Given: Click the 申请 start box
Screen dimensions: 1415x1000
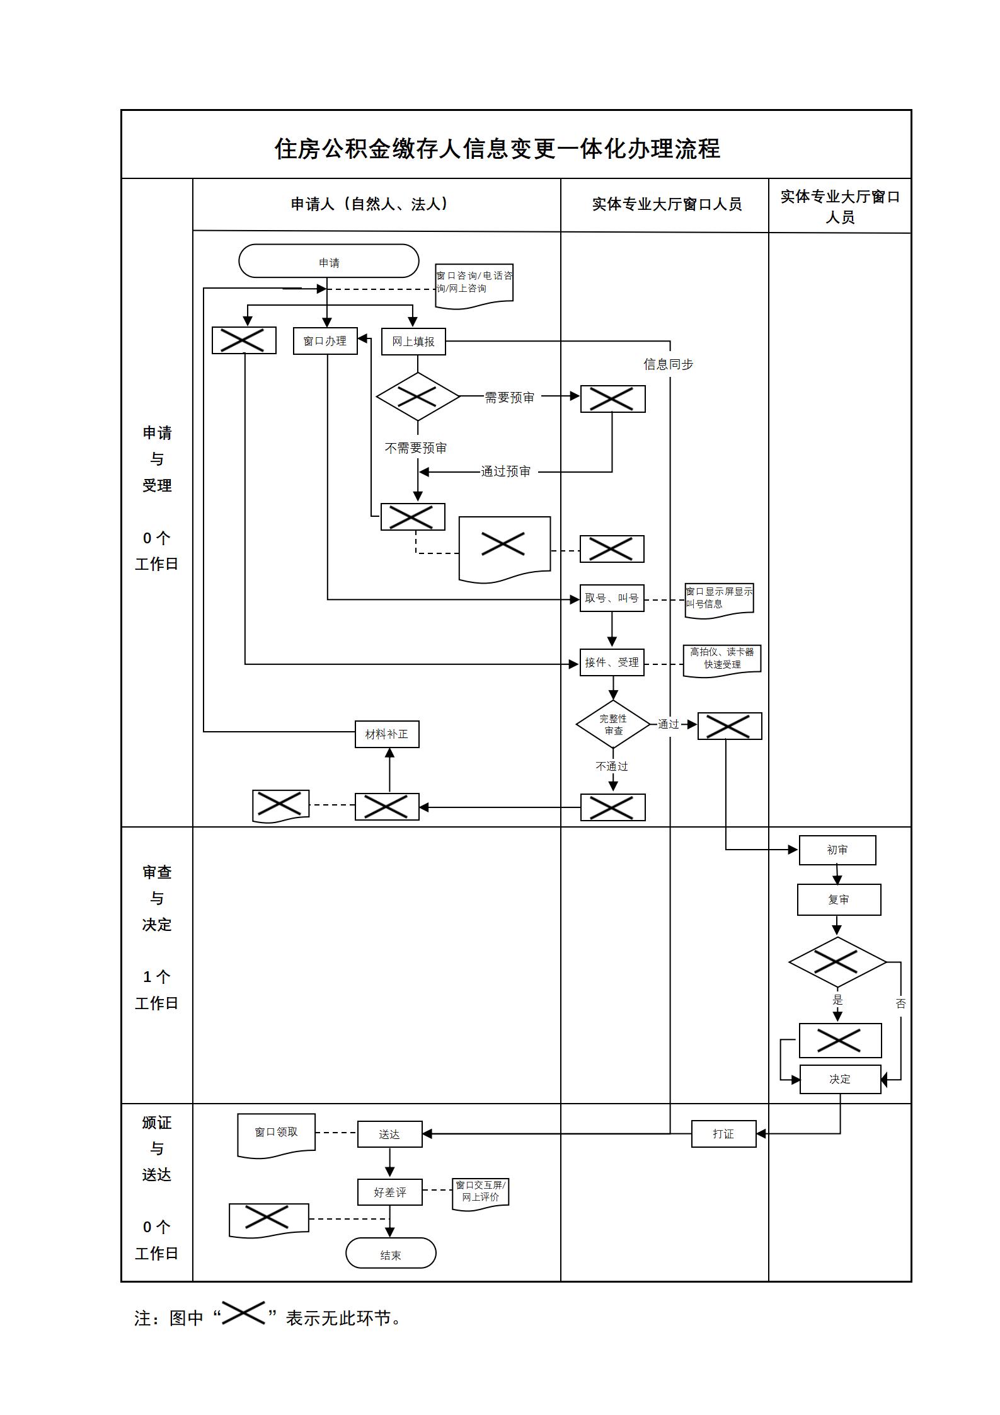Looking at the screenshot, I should click(x=328, y=261).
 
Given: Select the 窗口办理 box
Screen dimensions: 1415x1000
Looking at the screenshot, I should click(x=325, y=341).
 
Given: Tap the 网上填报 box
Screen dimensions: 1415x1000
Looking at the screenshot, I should click(x=413, y=342).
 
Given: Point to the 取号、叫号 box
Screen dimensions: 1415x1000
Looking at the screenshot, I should click(x=611, y=598).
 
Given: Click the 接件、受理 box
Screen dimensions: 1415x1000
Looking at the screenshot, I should click(x=611, y=662).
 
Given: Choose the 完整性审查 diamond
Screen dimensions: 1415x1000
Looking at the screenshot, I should click(x=613, y=724).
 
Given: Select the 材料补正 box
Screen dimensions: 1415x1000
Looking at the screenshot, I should click(x=387, y=734).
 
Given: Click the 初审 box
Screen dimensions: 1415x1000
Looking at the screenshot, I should click(x=837, y=850).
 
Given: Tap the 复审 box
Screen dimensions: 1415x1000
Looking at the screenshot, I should click(x=839, y=899).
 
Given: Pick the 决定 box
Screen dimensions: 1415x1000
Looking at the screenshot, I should click(x=840, y=1079).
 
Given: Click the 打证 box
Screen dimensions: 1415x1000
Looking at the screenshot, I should click(x=723, y=1134).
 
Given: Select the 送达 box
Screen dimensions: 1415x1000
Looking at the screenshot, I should click(x=389, y=1135).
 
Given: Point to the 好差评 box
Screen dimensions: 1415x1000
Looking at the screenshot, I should click(x=389, y=1193).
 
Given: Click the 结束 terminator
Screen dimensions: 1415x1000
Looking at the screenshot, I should click(x=391, y=1255).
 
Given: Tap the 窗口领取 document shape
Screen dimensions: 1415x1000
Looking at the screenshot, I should click(x=276, y=1133).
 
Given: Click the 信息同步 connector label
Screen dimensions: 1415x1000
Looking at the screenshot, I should click(x=668, y=364).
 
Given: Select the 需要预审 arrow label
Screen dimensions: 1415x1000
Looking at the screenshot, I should click(x=509, y=398).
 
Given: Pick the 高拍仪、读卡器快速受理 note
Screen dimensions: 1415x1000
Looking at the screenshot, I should click(x=722, y=659).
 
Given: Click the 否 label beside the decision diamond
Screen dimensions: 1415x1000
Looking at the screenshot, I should click(x=900, y=1003).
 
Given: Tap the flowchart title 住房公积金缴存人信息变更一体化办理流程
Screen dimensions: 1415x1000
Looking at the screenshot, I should click(x=497, y=149).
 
